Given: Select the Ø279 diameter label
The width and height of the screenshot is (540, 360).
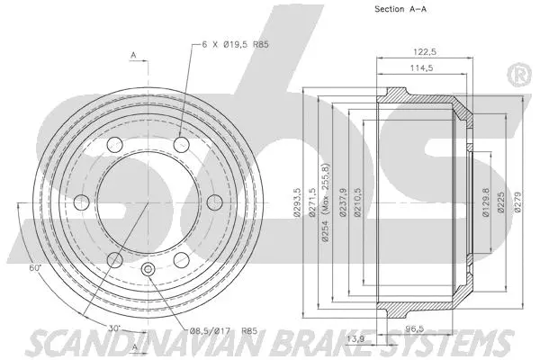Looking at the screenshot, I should (517, 205).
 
